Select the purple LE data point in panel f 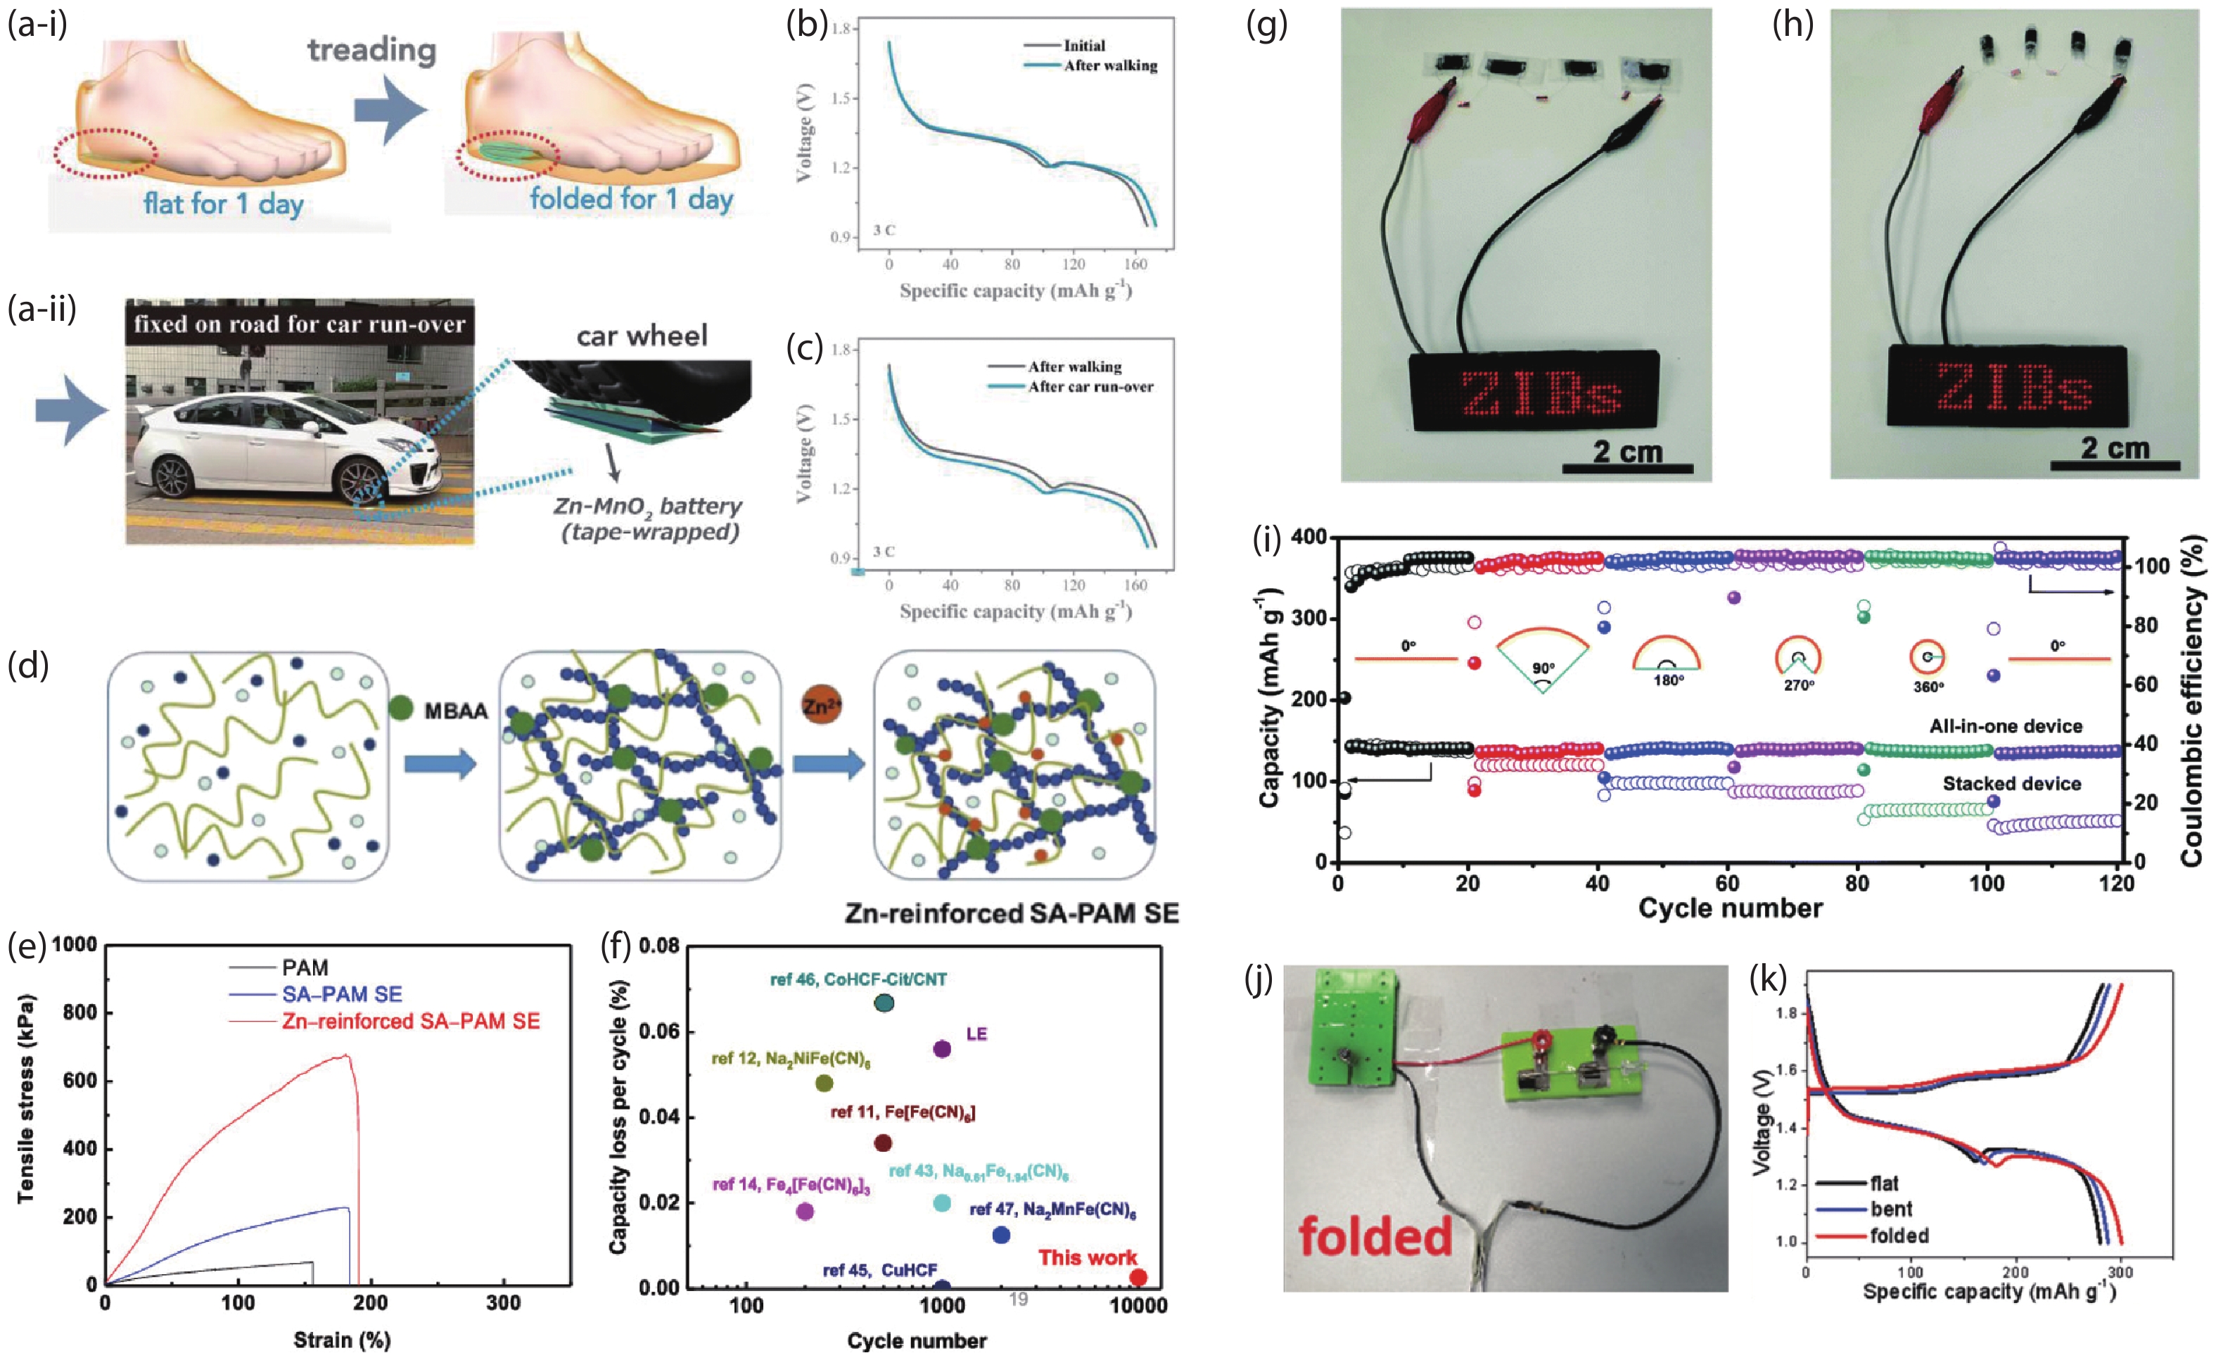941,1049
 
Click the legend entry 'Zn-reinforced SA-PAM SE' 410,1021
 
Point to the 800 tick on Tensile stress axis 79,1013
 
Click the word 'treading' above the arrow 371,51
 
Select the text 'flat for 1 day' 223,203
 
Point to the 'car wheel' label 642,336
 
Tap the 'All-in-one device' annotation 2005,726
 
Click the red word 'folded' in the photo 1375,1236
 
